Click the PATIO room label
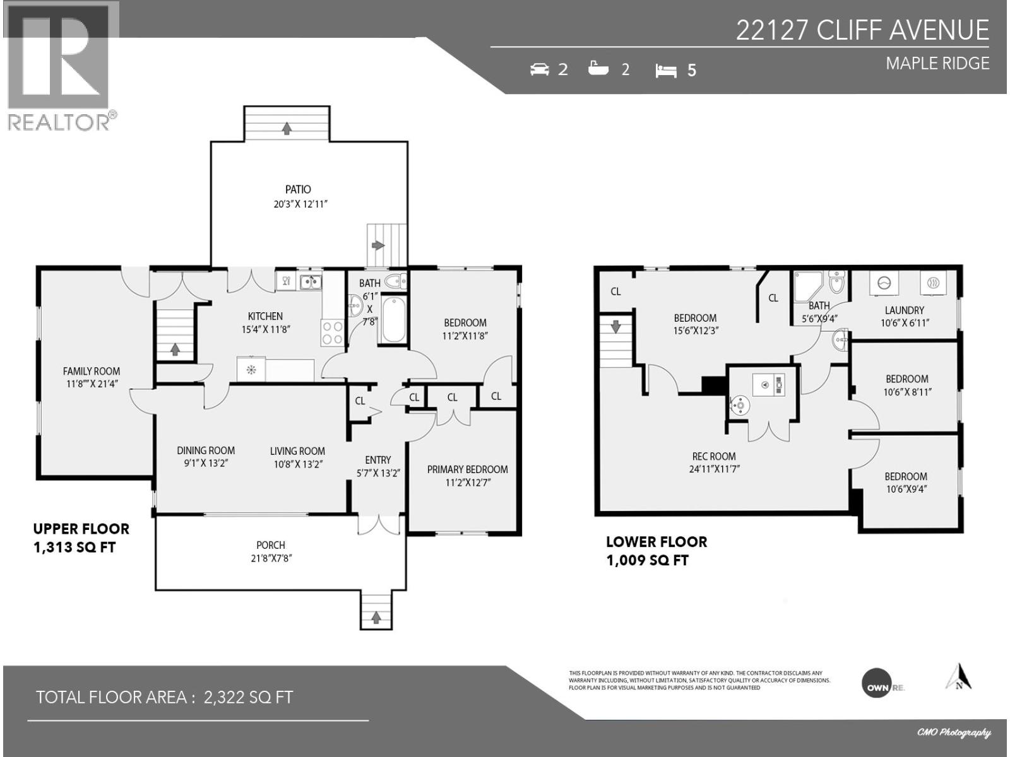(x=298, y=189)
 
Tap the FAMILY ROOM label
(x=92, y=372)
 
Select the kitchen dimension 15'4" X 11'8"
(x=265, y=329)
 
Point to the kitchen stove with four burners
(x=333, y=333)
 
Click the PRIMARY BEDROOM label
(x=467, y=469)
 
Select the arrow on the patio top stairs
(x=287, y=128)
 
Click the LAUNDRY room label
(x=904, y=310)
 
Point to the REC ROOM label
(x=713, y=457)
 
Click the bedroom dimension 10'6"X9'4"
(x=905, y=490)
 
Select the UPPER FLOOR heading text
(x=81, y=529)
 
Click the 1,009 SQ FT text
(x=647, y=560)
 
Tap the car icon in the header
(x=540, y=69)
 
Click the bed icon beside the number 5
(x=665, y=70)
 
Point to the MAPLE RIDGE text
(x=937, y=64)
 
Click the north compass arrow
(x=958, y=677)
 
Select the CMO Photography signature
(x=953, y=732)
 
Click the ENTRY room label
(x=377, y=461)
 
